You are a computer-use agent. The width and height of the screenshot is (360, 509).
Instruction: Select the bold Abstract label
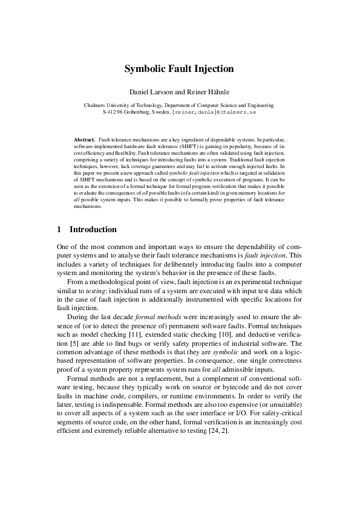(x=84, y=140)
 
